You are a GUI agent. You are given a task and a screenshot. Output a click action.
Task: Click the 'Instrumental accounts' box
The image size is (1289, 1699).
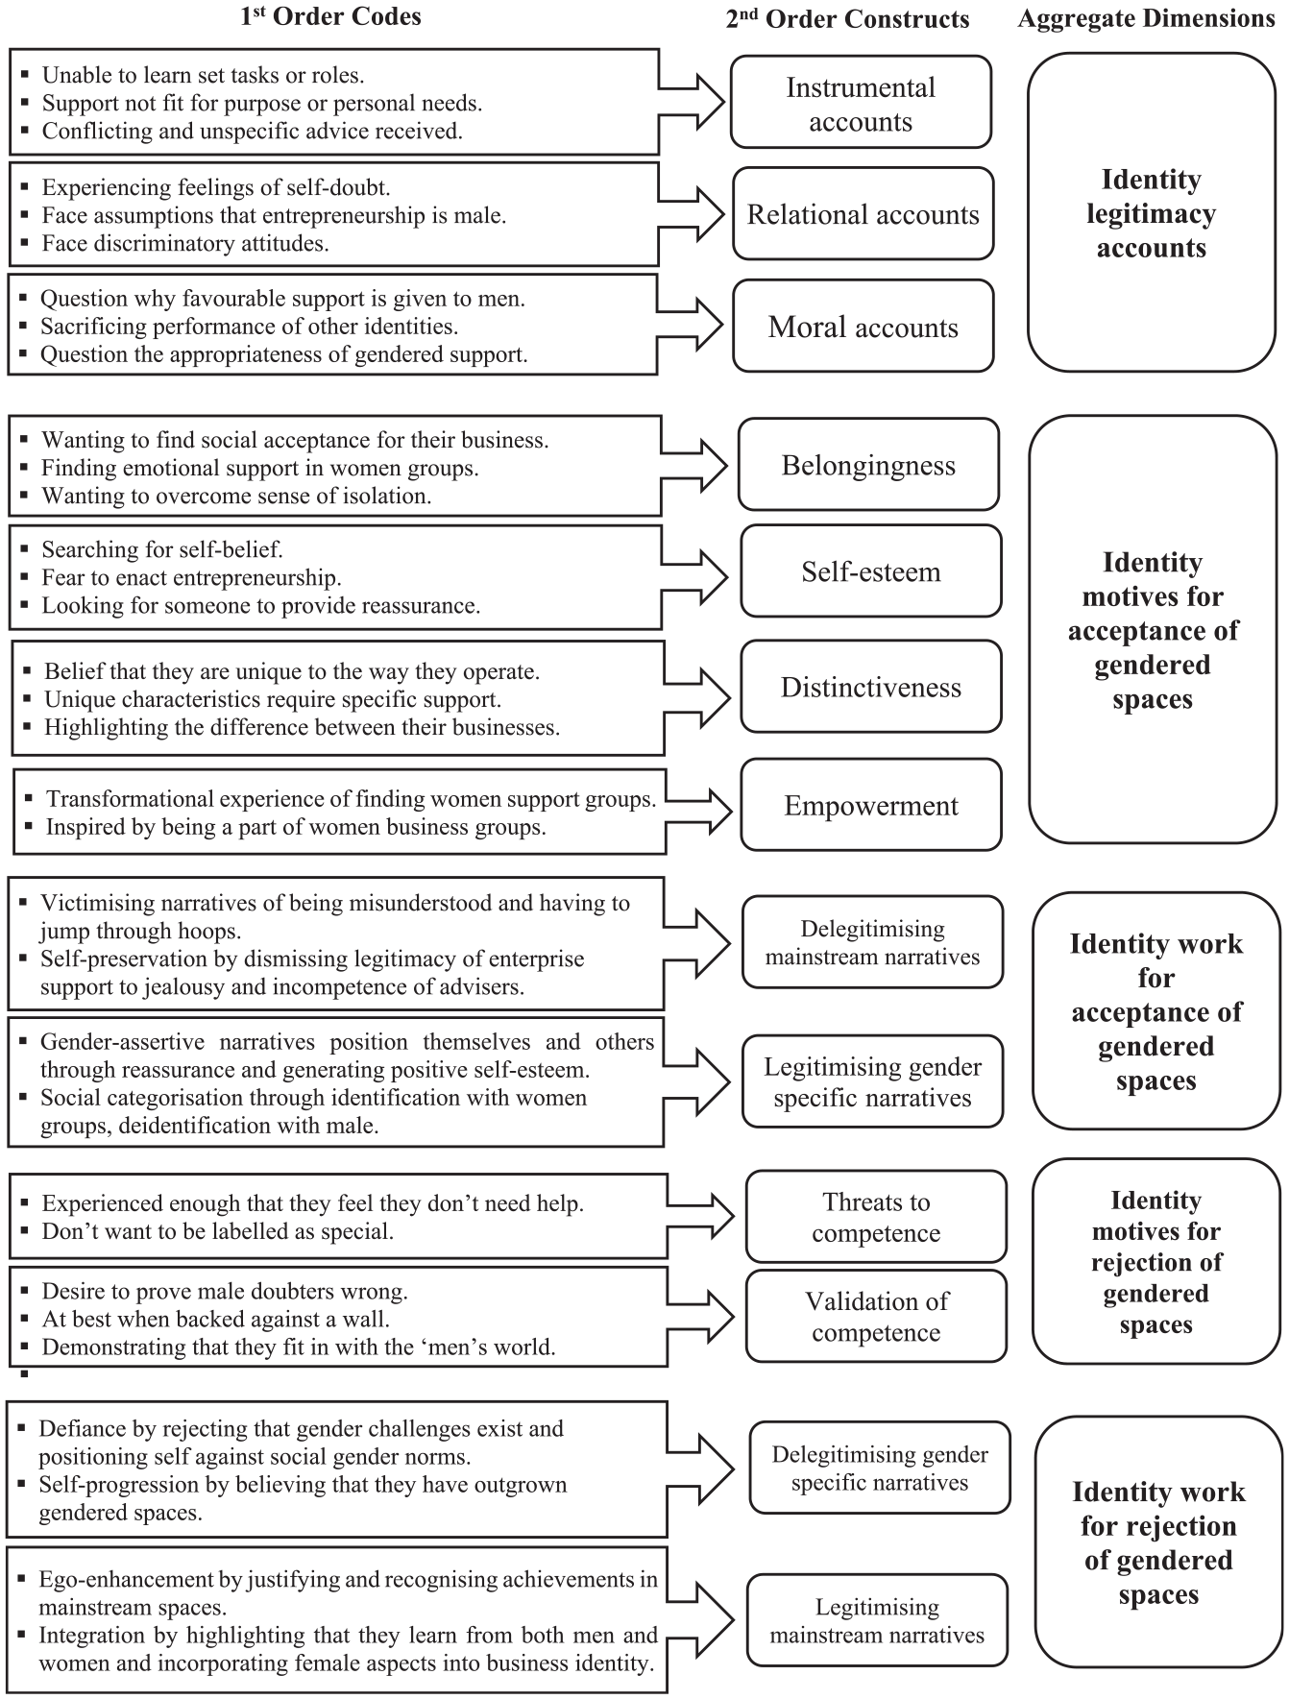[861, 102]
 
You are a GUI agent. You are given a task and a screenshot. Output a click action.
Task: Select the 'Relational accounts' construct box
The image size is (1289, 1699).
[863, 213]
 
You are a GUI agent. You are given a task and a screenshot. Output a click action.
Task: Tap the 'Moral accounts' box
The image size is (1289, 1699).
[863, 326]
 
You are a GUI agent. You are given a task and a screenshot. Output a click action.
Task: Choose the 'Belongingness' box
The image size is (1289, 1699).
[868, 464]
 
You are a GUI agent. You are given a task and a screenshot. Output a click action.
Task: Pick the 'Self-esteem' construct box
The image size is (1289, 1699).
[870, 570]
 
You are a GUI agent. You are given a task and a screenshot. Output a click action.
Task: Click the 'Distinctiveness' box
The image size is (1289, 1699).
[870, 686]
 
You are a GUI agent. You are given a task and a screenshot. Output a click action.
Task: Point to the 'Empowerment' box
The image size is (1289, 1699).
[870, 804]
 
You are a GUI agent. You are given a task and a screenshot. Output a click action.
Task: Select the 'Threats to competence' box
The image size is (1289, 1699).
[876, 1216]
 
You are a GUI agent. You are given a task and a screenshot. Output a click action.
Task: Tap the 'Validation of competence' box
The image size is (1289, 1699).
[876, 1316]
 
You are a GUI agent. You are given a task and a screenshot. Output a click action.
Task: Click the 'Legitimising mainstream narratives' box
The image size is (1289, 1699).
[877, 1620]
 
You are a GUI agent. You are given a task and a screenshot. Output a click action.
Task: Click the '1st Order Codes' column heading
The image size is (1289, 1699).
[330, 15]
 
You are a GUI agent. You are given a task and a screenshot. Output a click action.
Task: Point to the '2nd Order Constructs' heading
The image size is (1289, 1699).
[847, 18]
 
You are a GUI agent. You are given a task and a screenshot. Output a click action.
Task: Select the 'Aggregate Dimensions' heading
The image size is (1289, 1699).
[1146, 18]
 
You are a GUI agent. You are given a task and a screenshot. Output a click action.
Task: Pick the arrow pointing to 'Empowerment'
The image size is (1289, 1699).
[699, 808]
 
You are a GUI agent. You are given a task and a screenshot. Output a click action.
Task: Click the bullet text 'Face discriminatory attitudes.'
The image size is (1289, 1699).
[185, 243]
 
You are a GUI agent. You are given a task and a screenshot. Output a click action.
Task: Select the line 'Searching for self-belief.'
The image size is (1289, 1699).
[162, 549]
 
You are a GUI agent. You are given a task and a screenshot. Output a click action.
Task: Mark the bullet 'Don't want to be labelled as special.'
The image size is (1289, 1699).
[218, 1230]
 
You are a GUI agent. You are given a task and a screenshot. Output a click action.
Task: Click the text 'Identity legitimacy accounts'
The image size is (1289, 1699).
[1151, 213]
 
